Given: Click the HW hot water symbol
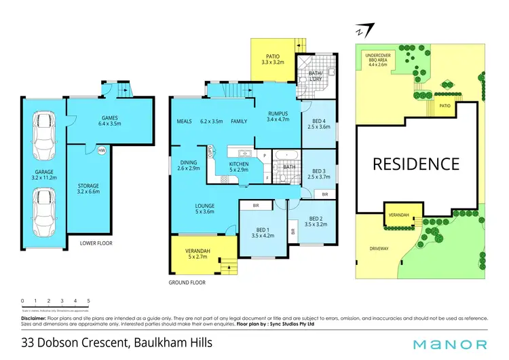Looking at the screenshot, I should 101,150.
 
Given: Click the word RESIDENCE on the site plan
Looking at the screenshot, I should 415,164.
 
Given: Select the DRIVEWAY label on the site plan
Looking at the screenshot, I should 379,249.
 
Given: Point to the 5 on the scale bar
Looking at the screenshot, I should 88,300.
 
